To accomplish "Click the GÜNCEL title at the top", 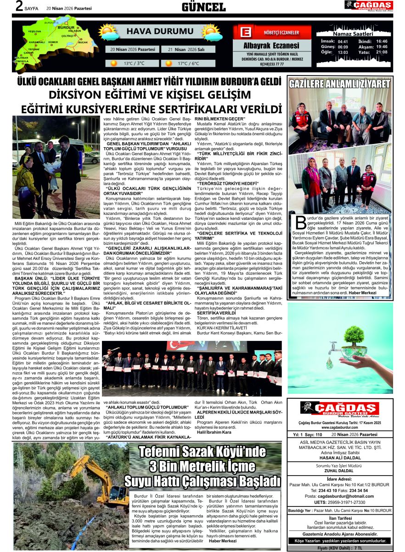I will [x=203, y=7].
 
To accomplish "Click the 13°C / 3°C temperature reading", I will [x=134, y=63].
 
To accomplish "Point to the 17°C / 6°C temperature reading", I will [x=188, y=63].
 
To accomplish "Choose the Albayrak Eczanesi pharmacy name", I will [x=271, y=46].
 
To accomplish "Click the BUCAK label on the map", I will [x=83, y=42].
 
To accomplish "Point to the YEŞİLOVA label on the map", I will [x=34, y=31].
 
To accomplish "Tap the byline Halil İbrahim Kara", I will [x=214, y=432].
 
